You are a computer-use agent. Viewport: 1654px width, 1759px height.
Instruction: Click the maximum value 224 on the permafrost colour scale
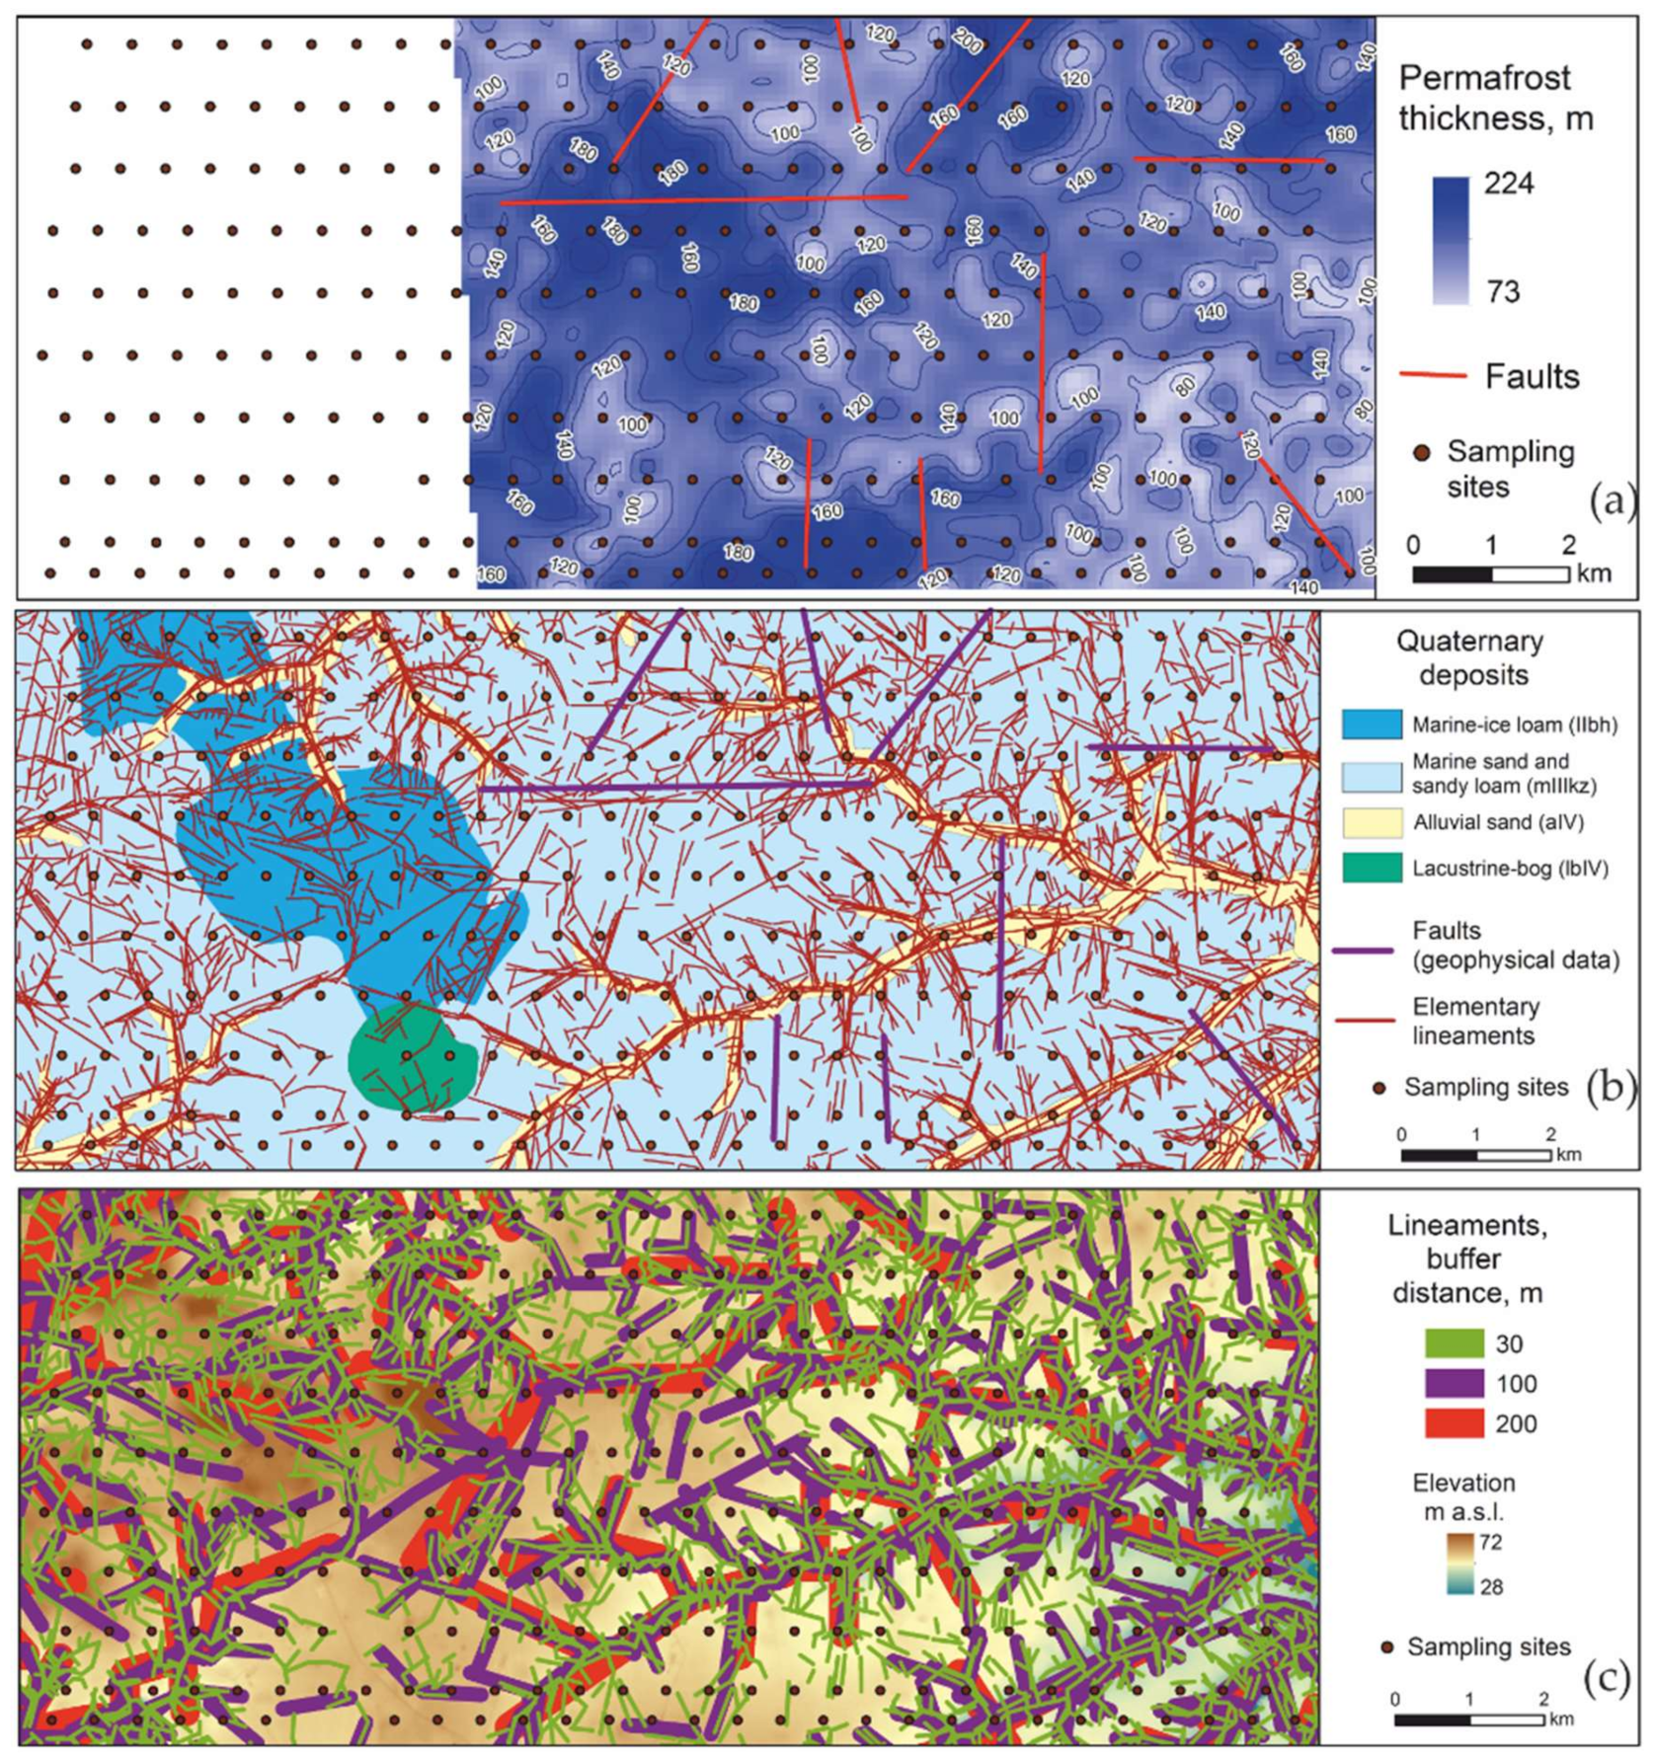click(x=1508, y=184)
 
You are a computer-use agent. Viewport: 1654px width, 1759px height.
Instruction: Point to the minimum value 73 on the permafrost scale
click(x=1503, y=291)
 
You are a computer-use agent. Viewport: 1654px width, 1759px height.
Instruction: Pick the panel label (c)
click(x=1607, y=1679)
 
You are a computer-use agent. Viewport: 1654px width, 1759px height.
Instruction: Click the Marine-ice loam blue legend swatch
click(x=1372, y=725)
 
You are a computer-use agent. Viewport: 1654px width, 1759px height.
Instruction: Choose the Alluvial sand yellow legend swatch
click(x=1372, y=822)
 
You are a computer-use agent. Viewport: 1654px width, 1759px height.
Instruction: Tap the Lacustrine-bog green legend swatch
click(x=1372, y=868)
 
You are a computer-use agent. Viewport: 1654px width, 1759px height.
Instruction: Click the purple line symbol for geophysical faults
click(x=1363, y=951)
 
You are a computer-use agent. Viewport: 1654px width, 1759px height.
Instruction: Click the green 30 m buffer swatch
click(x=1454, y=1343)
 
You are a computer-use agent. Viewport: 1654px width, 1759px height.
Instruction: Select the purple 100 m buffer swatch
click(x=1454, y=1383)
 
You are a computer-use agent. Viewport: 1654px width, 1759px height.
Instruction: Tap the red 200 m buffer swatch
click(x=1454, y=1423)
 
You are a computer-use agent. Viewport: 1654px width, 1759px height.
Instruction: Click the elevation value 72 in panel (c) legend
click(x=1490, y=1542)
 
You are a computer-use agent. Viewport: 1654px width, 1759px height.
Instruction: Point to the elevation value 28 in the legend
click(x=1490, y=1586)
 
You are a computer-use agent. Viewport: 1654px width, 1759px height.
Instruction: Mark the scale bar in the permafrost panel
click(x=1490, y=574)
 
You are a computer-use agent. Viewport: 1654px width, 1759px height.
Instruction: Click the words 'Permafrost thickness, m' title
click(x=1495, y=98)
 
